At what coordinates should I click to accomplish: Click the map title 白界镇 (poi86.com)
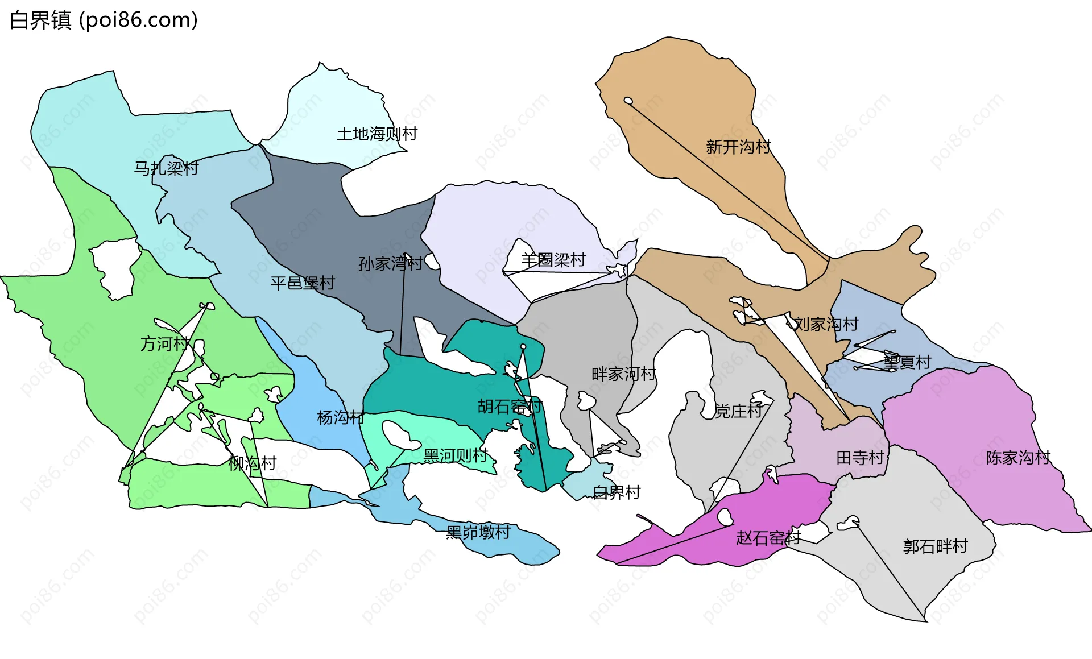[104, 20]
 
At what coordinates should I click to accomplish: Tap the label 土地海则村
[377, 134]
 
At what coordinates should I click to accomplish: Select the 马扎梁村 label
[166, 168]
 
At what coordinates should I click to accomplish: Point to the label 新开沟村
[738, 147]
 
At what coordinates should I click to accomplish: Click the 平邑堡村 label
[303, 283]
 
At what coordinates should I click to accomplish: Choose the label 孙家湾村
[390, 263]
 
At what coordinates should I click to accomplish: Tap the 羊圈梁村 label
[553, 260]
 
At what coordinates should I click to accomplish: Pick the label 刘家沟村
[826, 324]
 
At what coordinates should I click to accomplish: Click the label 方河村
[165, 343]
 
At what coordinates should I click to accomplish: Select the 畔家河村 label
[624, 374]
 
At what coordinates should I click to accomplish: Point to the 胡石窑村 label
[510, 407]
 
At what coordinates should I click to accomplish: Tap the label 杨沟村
[341, 417]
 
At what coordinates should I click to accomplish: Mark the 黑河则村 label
[456, 455]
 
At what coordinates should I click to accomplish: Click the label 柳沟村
[252, 463]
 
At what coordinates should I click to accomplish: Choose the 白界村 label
[617, 492]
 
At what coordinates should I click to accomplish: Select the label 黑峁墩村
[478, 532]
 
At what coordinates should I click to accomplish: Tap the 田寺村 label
[860, 458]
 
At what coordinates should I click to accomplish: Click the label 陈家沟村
[1018, 458]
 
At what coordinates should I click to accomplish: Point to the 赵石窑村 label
[768, 538]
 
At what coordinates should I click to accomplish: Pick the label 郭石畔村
[936, 546]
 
